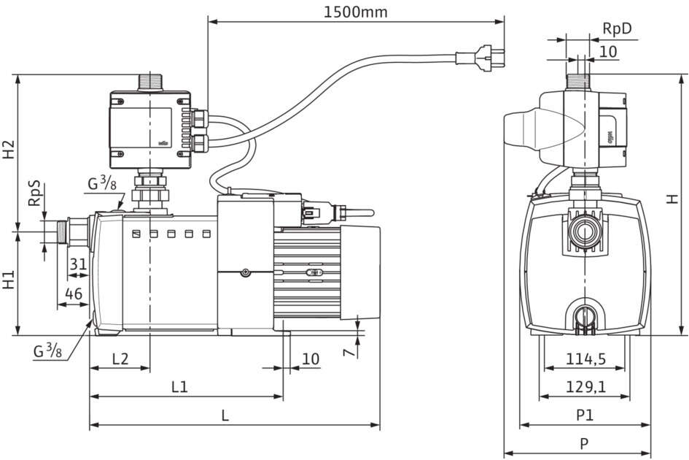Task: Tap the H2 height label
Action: coord(9,150)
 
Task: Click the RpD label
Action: coord(616,29)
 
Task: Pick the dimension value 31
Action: coord(78,266)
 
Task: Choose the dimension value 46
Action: coord(73,294)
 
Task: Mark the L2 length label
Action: coord(120,359)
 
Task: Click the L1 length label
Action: coord(179,387)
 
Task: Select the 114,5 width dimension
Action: coord(585,359)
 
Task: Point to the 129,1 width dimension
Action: coord(585,387)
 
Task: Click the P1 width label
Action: coord(585,415)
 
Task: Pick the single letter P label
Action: coord(585,443)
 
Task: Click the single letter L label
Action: coord(225,415)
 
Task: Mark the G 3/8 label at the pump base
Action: coord(47,351)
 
